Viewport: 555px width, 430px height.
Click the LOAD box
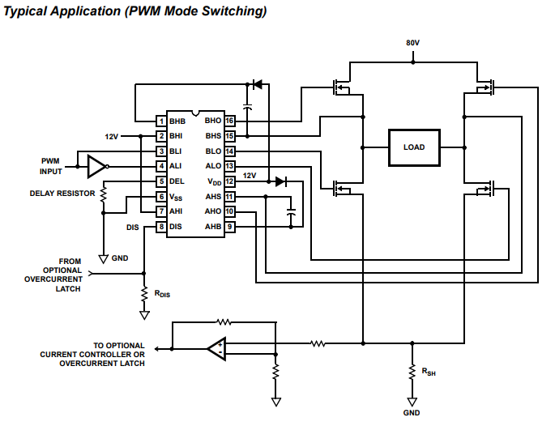pyautogui.click(x=414, y=147)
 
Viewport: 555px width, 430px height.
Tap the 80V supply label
pyautogui.click(x=413, y=42)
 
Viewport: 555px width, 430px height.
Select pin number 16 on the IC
pyautogui.click(x=230, y=121)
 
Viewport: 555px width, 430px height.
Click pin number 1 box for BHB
pyautogui.click(x=162, y=121)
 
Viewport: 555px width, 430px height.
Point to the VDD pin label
pyautogui.click(x=214, y=181)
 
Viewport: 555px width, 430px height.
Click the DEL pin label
pyautogui.click(x=177, y=181)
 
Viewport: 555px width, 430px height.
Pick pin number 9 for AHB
pyautogui.click(x=230, y=227)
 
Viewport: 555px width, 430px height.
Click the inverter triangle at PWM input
pyautogui.click(x=96, y=166)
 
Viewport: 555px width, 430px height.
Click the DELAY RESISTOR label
pyautogui.click(x=62, y=194)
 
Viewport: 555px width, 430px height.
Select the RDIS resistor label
pyautogui.click(x=161, y=296)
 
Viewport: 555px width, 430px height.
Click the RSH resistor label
pyautogui.click(x=428, y=372)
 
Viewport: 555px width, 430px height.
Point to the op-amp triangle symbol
pyautogui.click(x=216, y=349)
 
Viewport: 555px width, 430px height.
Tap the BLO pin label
pyautogui.click(x=213, y=151)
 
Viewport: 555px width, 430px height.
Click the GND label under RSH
pyautogui.click(x=412, y=414)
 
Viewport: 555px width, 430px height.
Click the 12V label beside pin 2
pyautogui.click(x=112, y=136)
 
